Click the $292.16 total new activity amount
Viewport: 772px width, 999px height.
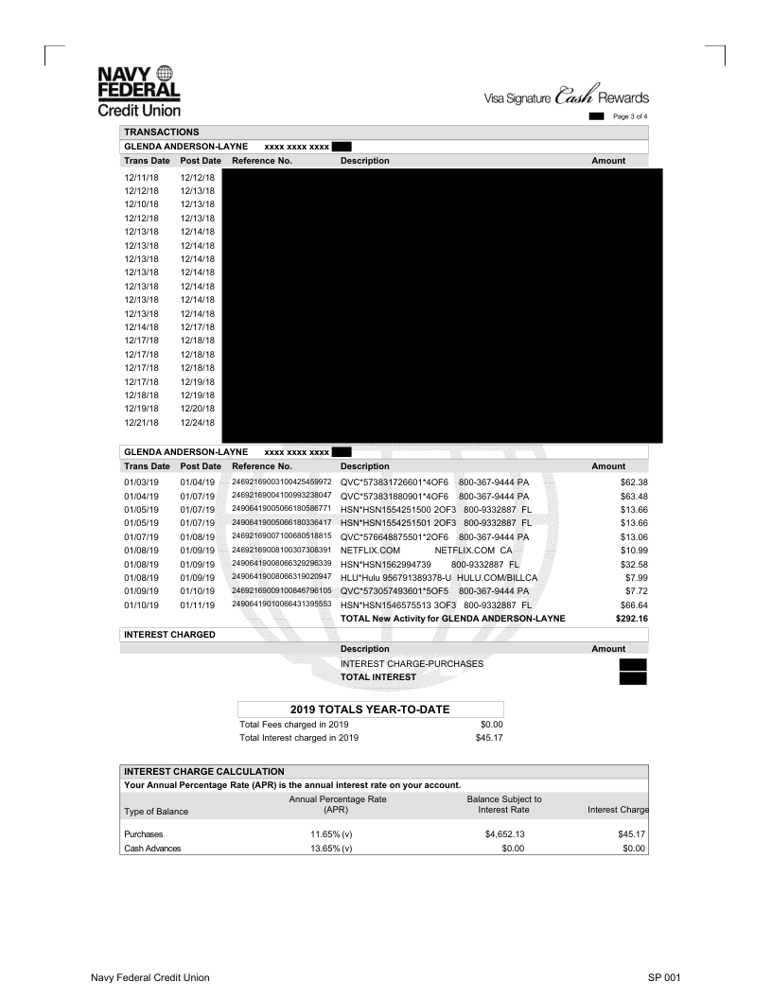pyautogui.click(x=608, y=618)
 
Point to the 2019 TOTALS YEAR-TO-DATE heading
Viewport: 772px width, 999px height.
pyautogui.click(x=370, y=709)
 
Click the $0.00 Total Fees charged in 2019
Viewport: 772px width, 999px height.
pyautogui.click(x=491, y=725)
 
